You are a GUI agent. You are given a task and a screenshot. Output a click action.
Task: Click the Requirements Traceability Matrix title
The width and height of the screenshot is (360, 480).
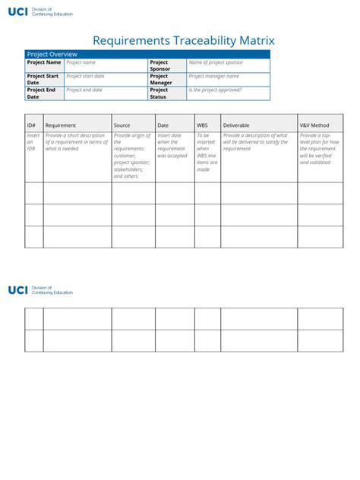coord(183,41)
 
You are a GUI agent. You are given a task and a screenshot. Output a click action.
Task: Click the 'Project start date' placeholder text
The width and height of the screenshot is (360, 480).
coord(85,77)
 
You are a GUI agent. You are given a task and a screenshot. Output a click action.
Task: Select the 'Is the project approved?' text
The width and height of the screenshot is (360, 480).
coord(215,90)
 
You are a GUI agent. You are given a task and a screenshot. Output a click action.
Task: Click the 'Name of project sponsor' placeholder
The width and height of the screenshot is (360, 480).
coord(216,63)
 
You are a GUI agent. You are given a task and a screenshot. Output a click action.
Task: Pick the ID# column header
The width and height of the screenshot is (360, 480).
coord(32,125)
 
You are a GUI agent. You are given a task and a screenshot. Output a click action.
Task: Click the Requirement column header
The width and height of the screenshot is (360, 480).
coord(61,125)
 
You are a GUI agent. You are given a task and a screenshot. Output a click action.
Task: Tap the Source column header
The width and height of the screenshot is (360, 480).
coord(122,125)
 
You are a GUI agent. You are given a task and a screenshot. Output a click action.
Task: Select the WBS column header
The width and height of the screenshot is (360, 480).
coord(202,125)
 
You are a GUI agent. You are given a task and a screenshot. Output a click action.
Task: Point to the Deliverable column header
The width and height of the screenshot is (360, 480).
coord(236,125)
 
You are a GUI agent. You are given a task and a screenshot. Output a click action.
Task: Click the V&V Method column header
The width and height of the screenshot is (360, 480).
coord(314,125)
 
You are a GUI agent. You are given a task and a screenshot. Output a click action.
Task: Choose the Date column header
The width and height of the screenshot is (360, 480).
coord(163,125)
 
